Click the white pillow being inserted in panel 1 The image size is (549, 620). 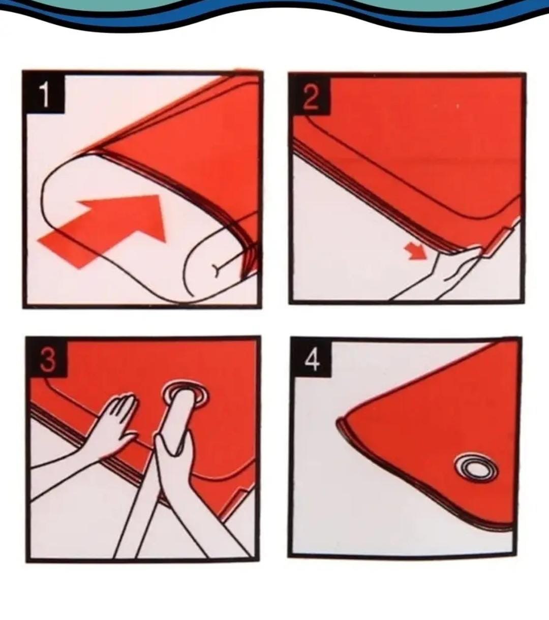coord(129,233)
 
